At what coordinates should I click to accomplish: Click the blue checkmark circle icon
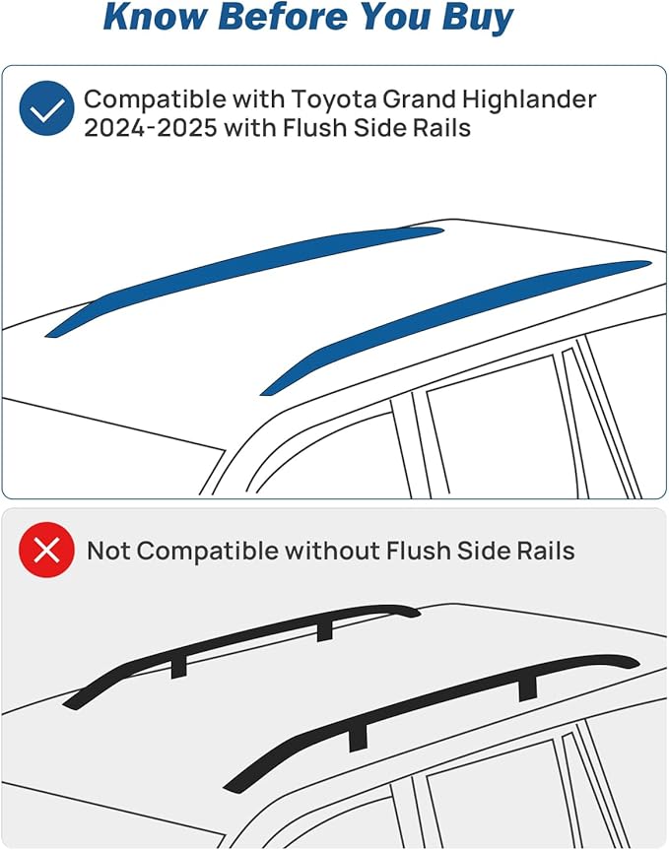click(x=46, y=108)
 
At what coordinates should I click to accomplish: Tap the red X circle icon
click(x=46, y=550)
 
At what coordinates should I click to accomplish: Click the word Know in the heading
click(x=155, y=17)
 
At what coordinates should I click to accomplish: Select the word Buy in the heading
click(x=478, y=19)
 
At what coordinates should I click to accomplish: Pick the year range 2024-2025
click(x=151, y=128)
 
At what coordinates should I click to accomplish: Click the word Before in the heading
click(x=283, y=17)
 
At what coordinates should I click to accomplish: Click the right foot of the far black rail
click(x=325, y=630)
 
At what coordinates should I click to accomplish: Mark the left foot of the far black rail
click(x=179, y=668)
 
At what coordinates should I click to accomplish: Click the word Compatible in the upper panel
click(x=155, y=100)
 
